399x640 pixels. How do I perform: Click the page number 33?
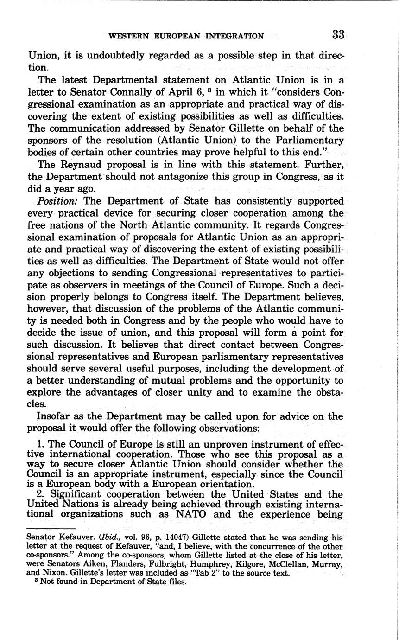tap(338, 35)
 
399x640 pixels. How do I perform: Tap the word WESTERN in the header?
tap(129, 36)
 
